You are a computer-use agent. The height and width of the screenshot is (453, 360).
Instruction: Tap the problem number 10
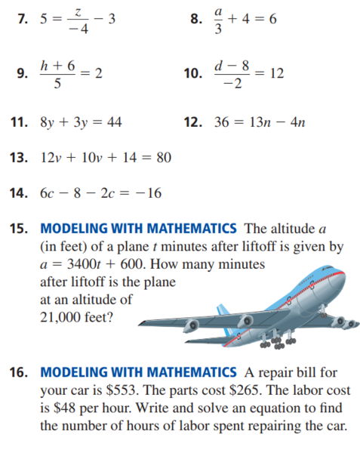coord(193,74)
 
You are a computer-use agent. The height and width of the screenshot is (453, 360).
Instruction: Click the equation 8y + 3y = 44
coord(79,120)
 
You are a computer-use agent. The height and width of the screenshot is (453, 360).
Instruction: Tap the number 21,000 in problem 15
coord(63,317)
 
